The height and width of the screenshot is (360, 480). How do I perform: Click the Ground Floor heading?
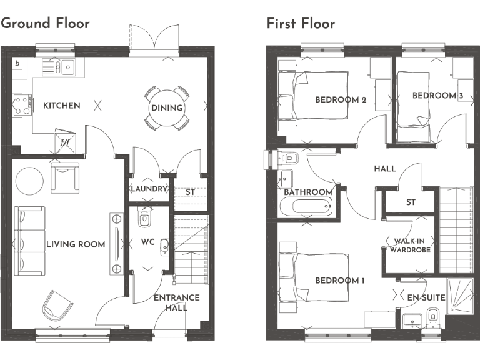pos(46,23)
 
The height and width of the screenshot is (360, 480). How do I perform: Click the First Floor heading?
pos(301,24)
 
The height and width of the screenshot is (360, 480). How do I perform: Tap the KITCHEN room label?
pos(61,106)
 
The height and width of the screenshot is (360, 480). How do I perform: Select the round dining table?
pos(166,107)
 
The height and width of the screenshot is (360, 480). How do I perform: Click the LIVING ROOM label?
pos(76,244)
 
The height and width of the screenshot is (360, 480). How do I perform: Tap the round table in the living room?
pos(29,181)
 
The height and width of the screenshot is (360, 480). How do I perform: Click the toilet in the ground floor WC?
pos(145,218)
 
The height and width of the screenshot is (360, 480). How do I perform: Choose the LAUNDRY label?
pos(149,189)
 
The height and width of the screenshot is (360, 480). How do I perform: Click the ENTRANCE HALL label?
pos(177,302)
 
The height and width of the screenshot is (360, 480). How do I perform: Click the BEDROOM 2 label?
pos(341,100)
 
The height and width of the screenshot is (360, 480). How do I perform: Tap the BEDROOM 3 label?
pos(437,96)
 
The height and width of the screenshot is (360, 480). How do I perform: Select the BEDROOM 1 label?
pos(339,281)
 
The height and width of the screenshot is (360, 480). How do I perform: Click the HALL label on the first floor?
pos(385,169)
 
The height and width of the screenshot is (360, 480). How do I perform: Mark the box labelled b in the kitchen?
pos(17,64)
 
